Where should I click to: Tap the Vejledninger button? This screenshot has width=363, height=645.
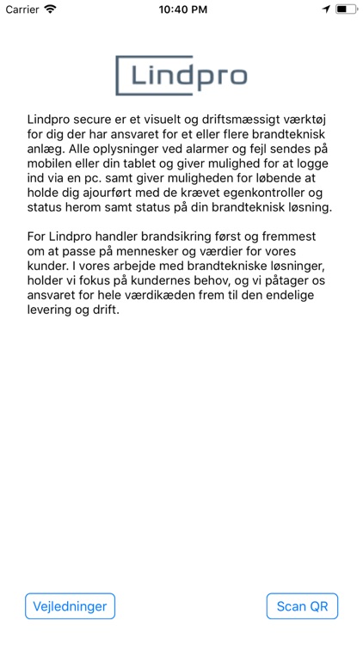point(70,606)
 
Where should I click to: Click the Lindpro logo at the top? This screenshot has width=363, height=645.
point(181,76)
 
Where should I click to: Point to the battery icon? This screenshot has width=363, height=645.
point(346,9)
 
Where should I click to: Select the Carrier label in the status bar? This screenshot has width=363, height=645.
point(22,9)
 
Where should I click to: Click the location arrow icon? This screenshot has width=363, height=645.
point(326,9)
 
